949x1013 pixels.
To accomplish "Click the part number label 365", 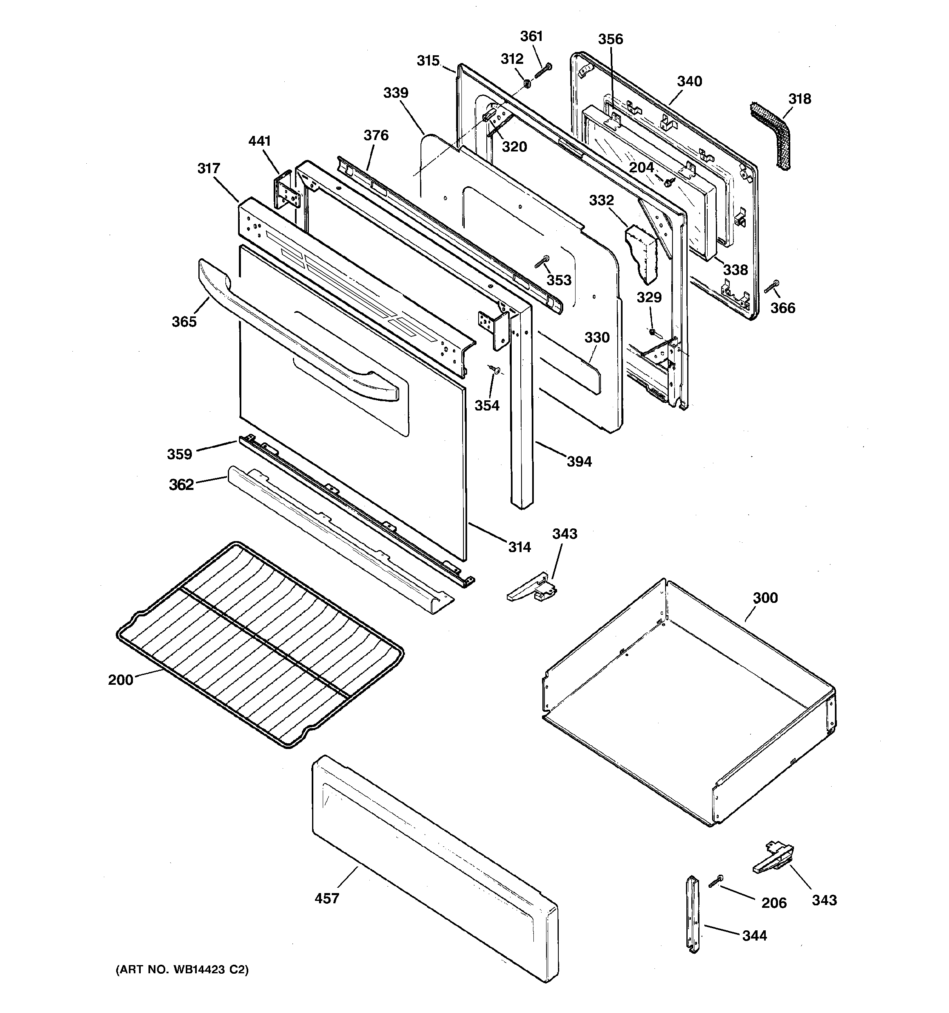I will point(184,322).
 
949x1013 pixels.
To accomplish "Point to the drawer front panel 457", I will point(433,866).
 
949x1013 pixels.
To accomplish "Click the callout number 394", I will point(579,462).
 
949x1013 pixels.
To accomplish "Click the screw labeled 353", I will point(542,262).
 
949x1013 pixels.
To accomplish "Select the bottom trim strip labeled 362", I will point(336,540).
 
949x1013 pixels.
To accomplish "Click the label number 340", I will point(689,81).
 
